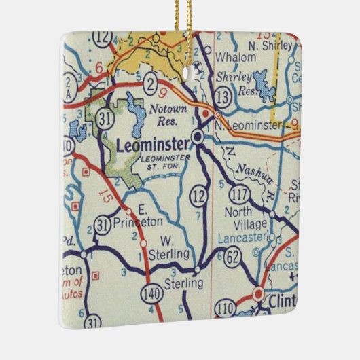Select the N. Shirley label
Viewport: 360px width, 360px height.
pyautogui.click(x=270, y=46)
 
